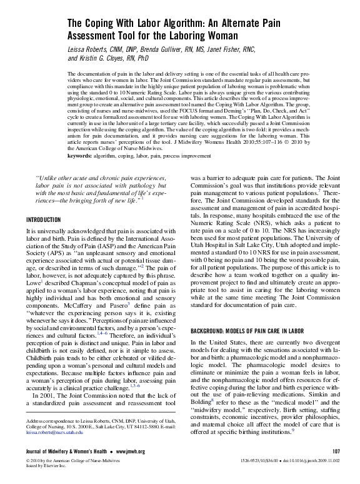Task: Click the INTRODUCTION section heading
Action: pos(43,220)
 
